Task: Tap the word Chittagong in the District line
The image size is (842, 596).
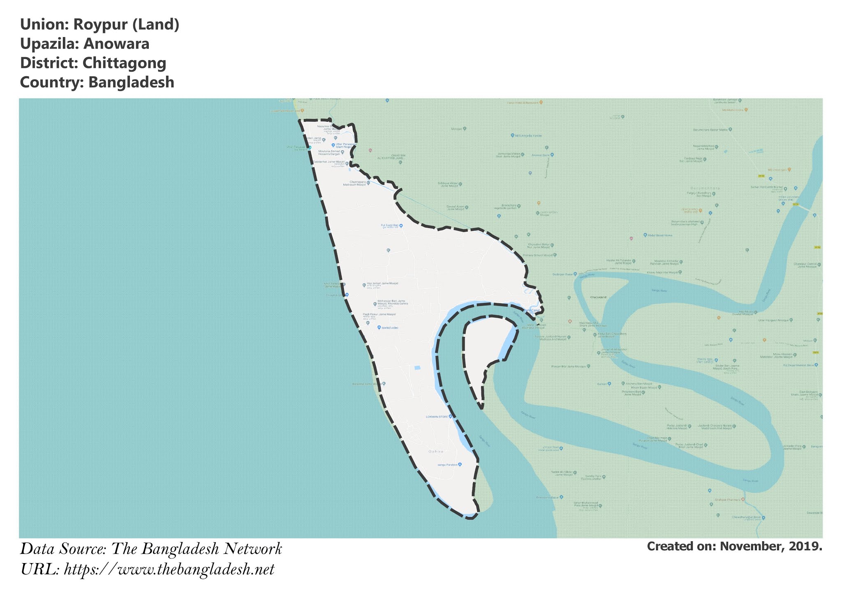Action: tap(124, 63)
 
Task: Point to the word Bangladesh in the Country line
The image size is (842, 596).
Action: tap(131, 82)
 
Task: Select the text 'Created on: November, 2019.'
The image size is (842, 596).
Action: tap(734, 546)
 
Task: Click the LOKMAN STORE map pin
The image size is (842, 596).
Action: tap(451, 417)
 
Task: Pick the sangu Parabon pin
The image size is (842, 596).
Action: tap(460, 464)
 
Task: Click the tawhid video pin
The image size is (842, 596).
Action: tap(379, 327)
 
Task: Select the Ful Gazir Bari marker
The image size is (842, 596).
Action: tap(401, 226)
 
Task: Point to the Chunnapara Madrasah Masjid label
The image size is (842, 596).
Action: tap(356, 183)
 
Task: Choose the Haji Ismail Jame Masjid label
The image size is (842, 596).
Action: tap(382, 284)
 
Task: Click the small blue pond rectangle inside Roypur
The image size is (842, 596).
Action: tap(417, 368)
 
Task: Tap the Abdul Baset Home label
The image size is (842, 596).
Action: tap(660, 235)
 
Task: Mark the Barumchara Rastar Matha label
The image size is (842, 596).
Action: tap(710, 129)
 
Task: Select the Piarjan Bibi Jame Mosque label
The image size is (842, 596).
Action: tap(569, 366)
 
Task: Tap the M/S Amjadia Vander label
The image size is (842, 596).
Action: tap(528, 135)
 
